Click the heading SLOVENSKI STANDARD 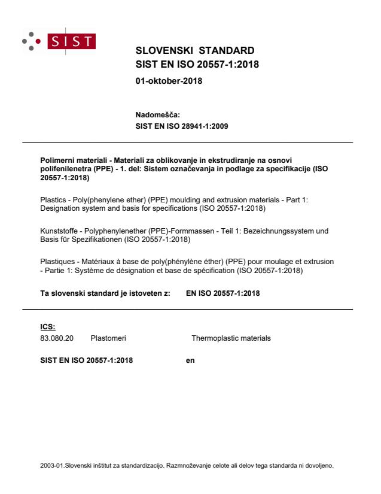click(x=195, y=50)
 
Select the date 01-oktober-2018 click(x=169, y=81)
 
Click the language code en click(x=191, y=361)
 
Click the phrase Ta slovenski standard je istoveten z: click(x=101, y=294)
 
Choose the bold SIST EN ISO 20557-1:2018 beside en click(x=87, y=361)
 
